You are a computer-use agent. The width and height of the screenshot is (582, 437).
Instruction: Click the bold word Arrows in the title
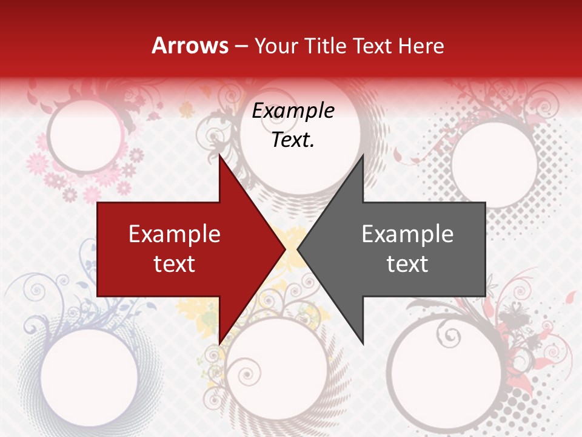coord(190,46)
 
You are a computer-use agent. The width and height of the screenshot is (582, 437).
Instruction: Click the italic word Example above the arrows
coord(293,111)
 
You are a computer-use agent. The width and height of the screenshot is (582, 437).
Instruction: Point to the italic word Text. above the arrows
coord(293,140)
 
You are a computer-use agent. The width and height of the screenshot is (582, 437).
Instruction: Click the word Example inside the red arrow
coord(175,234)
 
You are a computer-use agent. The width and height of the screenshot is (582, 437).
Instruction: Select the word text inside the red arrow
coord(175,263)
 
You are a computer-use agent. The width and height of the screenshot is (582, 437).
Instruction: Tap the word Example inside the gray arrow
coord(407,234)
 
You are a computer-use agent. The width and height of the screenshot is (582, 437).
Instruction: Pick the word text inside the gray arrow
coord(407,263)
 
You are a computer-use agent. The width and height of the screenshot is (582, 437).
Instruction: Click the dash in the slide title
coord(241,46)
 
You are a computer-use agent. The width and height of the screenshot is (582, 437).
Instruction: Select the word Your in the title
coord(275,46)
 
